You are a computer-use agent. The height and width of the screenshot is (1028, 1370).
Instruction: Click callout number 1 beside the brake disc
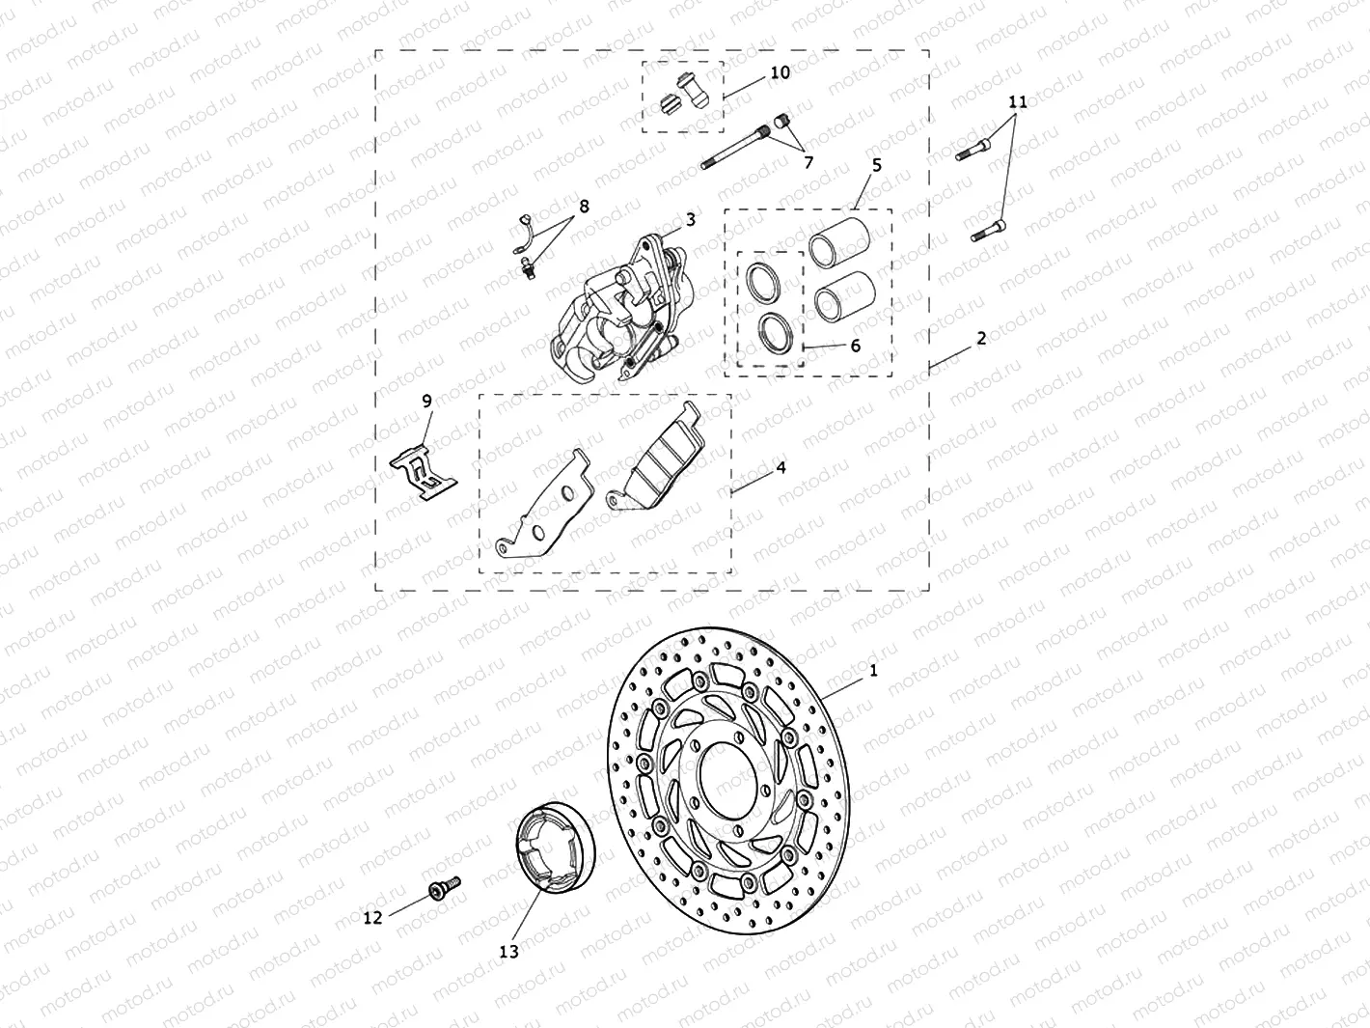(x=873, y=669)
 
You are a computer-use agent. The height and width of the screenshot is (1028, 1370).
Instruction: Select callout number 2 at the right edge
(x=980, y=338)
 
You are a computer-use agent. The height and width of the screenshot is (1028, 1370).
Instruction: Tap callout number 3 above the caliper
(x=691, y=220)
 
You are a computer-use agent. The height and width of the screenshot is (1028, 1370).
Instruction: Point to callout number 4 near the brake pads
(x=781, y=467)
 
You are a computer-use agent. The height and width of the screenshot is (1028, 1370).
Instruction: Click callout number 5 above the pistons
(x=876, y=165)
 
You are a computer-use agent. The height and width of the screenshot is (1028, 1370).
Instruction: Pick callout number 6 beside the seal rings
(x=855, y=346)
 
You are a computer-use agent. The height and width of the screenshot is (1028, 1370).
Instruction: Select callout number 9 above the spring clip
(x=426, y=401)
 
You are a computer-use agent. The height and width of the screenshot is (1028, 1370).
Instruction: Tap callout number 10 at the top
(x=780, y=72)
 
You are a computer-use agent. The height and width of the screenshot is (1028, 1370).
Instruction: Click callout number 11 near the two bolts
(x=1017, y=101)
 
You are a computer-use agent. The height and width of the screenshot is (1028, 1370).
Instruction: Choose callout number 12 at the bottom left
(x=372, y=917)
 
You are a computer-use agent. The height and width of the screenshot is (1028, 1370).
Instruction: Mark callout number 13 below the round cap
(x=508, y=951)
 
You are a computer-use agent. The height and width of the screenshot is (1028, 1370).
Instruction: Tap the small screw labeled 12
(x=445, y=886)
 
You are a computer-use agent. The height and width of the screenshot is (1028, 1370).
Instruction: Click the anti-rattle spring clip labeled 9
(x=423, y=473)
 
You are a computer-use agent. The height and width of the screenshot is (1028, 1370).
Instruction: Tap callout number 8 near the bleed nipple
(x=584, y=206)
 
